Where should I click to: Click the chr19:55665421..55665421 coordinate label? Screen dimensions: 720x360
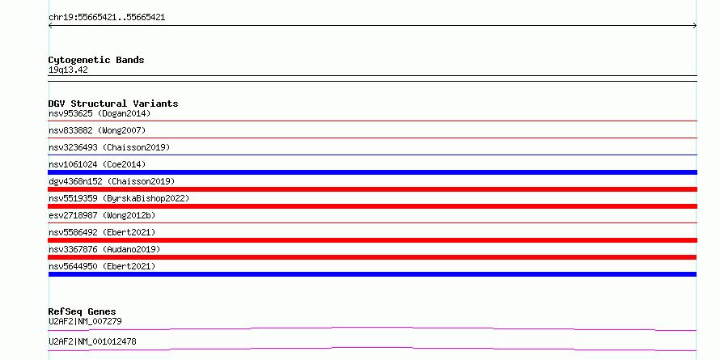coord(107,18)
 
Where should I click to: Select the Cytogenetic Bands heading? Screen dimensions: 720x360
coord(96,60)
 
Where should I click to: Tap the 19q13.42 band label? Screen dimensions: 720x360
coord(68,70)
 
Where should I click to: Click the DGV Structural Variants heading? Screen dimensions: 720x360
coord(113,104)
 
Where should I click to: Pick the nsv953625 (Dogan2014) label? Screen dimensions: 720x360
coord(100,113)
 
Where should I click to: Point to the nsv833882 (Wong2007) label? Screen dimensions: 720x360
coord(97,130)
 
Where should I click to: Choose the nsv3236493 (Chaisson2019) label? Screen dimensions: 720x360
coord(109,147)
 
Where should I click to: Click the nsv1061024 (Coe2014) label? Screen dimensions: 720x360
coord(97,164)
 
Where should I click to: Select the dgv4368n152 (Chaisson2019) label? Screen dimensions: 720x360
coord(112,181)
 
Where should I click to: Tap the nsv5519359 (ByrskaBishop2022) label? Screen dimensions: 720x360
coord(119,198)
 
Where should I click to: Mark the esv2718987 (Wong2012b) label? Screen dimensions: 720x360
coord(100,215)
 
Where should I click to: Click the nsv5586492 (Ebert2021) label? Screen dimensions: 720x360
coord(102,232)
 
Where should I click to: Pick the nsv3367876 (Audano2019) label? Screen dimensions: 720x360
coord(104,249)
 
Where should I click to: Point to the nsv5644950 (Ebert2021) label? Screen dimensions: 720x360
coord(102,266)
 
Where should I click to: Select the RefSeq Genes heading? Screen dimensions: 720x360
coord(83,311)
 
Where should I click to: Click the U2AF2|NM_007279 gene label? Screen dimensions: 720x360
coord(85,321)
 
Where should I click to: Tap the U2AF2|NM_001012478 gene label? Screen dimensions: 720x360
coord(92,342)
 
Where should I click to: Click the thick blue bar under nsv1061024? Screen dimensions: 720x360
coord(372,172)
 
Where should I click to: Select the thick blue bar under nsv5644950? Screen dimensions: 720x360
coord(372,274)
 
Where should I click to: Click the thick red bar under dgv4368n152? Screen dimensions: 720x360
coord(372,189)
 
